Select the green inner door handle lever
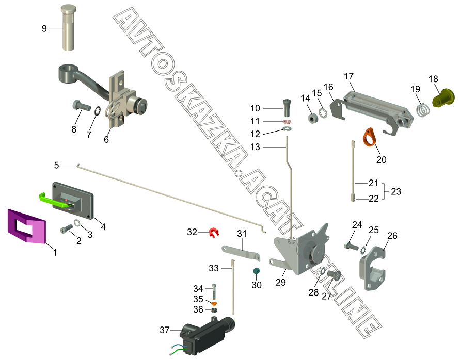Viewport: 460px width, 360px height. [x=56, y=200]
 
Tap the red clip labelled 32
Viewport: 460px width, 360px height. [x=214, y=232]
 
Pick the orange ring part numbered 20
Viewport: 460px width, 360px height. [x=370, y=137]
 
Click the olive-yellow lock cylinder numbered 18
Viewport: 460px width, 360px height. [x=443, y=97]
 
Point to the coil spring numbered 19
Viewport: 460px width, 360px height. [x=423, y=110]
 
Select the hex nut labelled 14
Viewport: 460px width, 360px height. [x=313, y=118]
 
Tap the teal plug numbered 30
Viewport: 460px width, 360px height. [x=257, y=271]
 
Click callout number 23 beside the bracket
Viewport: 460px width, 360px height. [x=396, y=191]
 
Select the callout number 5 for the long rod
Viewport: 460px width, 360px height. [x=56, y=166]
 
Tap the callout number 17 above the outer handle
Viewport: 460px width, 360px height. [x=349, y=76]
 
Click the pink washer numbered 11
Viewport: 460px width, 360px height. [x=287, y=121]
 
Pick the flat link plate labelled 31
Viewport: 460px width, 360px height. [x=241, y=252]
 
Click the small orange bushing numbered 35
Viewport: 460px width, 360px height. [x=214, y=303]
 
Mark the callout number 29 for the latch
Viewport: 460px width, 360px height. [x=281, y=282]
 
